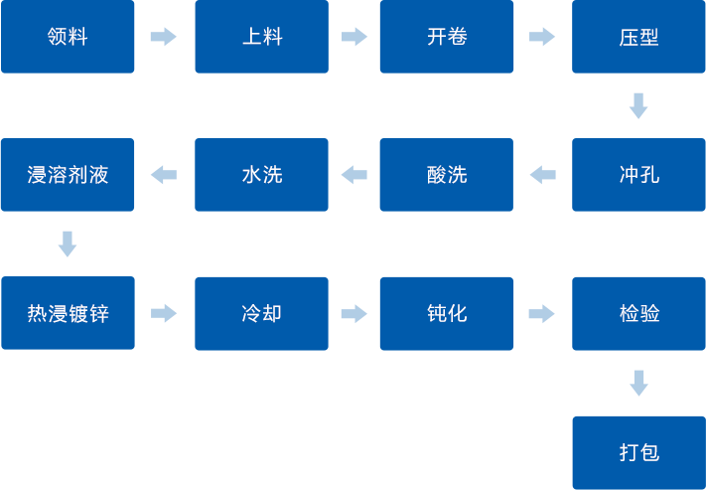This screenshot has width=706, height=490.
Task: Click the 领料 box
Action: pyautogui.click(x=68, y=37)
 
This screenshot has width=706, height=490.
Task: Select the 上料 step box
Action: pyautogui.click(x=261, y=37)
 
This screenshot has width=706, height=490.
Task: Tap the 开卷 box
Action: pyautogui.click(x=446, y=37)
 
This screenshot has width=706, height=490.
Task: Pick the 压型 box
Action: pyautogui.click(x=638, y=37)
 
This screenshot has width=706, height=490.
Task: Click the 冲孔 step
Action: pyautogui.click(x=638, y=175)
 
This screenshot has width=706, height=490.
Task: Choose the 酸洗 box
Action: pyautogui.click(x=446, y=175)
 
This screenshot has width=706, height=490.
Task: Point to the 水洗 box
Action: pyautogui.click(x=261, y=175)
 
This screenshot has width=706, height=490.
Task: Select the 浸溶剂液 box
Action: pyautogui.click(x=68, y=175)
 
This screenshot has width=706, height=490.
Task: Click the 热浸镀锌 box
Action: pyautogui.click(x=68, y=313)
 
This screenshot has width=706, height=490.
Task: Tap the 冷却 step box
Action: pyautogui.click(x=261, y=313)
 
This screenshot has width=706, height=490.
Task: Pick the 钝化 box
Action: pyautogui.click(x=446, y=313)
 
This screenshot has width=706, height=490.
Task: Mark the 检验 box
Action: pyautogui.click(x=638, y=313)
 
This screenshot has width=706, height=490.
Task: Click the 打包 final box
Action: pyautogui.click(x=638, y=452)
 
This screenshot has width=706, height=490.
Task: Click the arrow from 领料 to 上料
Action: pyautogui.click(x=163, y=37)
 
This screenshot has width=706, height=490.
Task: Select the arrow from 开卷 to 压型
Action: pyautogui.click(x=542, y=37)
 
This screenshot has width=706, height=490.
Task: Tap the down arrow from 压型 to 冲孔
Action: pyautogui.click(x=638, y=105)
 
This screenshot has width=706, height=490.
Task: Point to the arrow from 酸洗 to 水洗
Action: pyautogui.click(x=353, y=175)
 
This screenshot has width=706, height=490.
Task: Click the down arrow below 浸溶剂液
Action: pyautogui.click(x=68, y=244)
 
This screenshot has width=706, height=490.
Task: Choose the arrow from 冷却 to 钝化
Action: pyautogui.click(x=353, y=313)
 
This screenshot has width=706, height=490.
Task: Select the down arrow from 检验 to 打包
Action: pyautogui.click(x=638, y=383)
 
